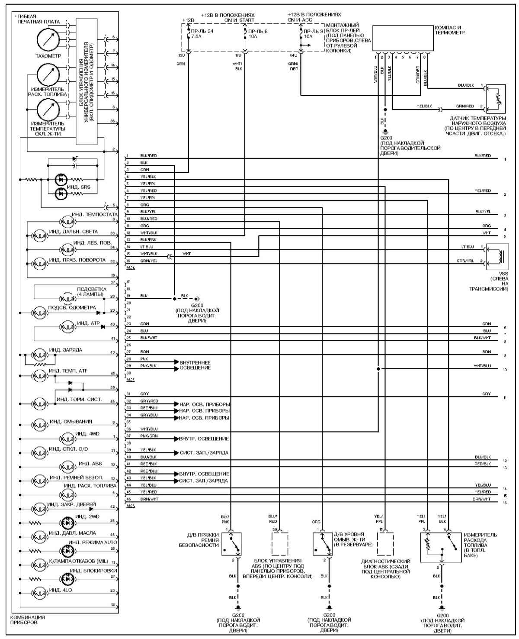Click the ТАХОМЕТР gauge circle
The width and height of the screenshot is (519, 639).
48,40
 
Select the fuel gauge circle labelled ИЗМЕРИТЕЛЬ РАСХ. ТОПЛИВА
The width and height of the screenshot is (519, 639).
48,75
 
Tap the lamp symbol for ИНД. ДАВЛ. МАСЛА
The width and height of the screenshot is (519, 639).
40,536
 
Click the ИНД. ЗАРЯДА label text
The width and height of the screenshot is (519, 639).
65,349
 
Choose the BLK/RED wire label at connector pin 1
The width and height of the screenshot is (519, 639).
148,155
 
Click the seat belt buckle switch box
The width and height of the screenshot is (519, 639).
231,544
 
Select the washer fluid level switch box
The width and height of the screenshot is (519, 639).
322,544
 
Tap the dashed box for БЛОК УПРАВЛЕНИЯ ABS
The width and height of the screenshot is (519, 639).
279,544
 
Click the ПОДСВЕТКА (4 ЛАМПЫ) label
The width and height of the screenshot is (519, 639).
90,292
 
